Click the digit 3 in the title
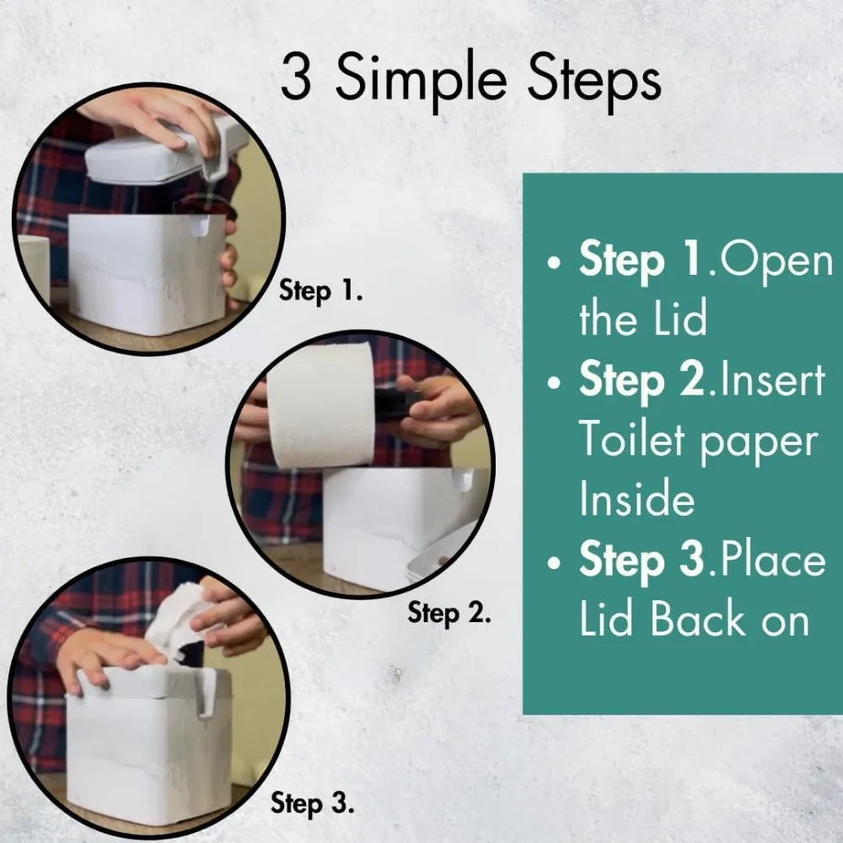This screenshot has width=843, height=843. click(x=296, y=77)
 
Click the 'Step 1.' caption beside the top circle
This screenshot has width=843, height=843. click(x=321, y=292)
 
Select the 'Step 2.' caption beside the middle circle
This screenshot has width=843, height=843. click(x=449, y=613)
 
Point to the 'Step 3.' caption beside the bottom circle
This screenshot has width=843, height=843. click(x=313, y=803)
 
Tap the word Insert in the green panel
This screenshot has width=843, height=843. click(x=772, y=379)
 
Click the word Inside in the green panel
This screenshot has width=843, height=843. click(x=637, y=498)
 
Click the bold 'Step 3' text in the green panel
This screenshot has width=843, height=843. click(x=642, y=561)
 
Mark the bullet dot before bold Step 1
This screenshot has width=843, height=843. click(x=554, y=263)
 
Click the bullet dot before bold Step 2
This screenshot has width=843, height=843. click(x=554, y=383)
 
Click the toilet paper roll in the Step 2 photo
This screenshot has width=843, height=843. click(x=320, y=406)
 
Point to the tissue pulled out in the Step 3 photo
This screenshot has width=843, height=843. click(x=177, y=624)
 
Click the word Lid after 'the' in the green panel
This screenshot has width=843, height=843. click(x=679, y=319)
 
